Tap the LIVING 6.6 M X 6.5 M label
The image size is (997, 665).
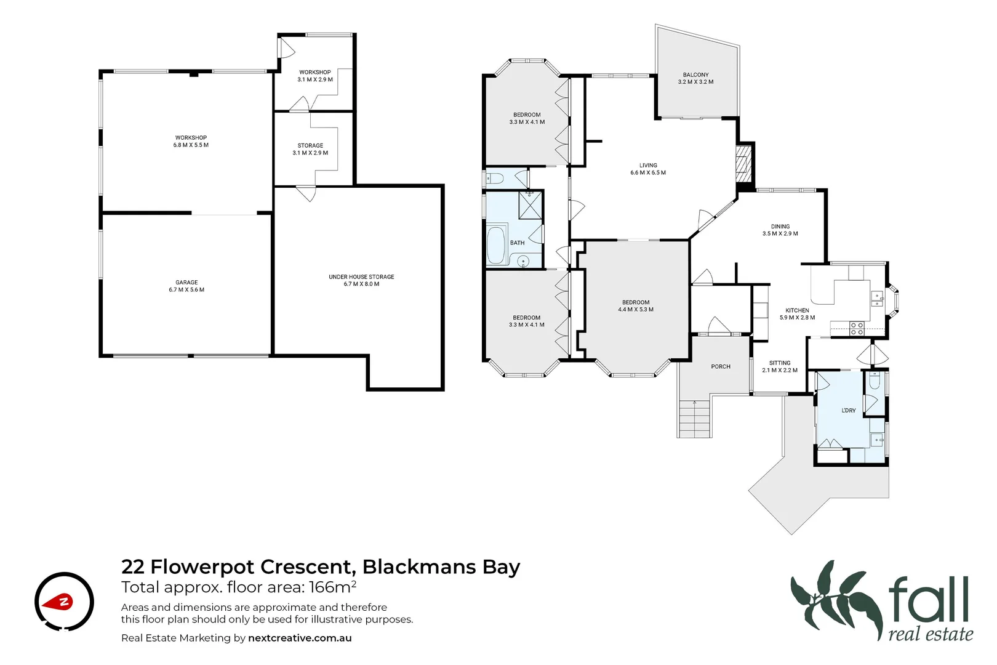pos(648,169)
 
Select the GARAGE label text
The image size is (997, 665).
pos(186,283)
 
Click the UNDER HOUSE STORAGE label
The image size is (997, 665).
pos(361,277)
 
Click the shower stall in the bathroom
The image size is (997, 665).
pos(530,205)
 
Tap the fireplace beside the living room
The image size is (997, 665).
pos(745,163)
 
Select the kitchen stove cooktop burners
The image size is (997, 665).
pos(857,328)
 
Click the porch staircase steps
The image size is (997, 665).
pos(694,419)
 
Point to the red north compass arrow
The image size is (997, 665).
pos(62,602)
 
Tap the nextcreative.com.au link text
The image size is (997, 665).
pos(300,638)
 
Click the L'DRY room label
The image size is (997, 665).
pos(849,411)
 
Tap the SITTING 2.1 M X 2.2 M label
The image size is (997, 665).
pos(780,367)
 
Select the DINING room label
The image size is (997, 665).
pos(780,227)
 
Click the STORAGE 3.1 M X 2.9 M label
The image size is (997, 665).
pos(310,149)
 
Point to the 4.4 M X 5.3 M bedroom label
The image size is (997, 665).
pos(636,310)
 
